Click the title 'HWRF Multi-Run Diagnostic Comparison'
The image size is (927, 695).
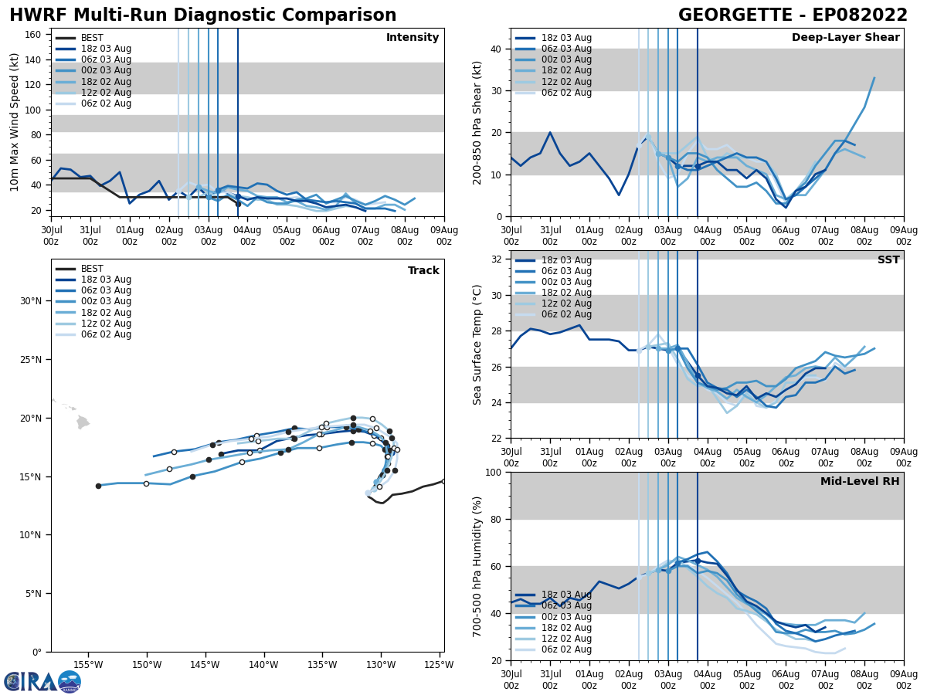pyautogui.click(x=202, y=15)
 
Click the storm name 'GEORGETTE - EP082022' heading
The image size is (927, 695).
pyautogui.click(x=793, y=15)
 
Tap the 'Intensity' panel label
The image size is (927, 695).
pyautogui.click(x=413, y=38)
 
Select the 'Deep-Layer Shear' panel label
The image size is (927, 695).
pyautogui.click(x=845, y=38)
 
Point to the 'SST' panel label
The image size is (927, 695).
pyautogui.click(x=888, y=260)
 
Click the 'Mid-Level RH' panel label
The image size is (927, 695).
pyautogui.click(x=860, y=482)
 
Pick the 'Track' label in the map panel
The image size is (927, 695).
pyautogui.click(x=423, y=271)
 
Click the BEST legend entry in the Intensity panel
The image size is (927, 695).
pyautogui.click(x=92, y=38)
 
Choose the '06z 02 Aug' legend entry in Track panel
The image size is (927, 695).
pyautogui.click(x=106, y=334)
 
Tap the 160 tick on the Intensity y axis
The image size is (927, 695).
pyautogui.click(x=34, y=35)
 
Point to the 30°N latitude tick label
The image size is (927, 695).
pyautogui.click(x=30, y=301)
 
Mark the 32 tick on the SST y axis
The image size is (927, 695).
pyautogui.click(x=497, y=259)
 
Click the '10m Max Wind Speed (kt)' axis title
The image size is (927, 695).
pyautogui.click(x=15, y=121)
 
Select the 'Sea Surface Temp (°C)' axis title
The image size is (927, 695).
pyautogui.click(x=477, y=344)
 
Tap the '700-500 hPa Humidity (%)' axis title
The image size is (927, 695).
pyautogui.click(x=477, y=566)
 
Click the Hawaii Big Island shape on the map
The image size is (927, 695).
pyautogui.click(x=83, y=422)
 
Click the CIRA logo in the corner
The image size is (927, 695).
pyautogui.click(x=42, y=681)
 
